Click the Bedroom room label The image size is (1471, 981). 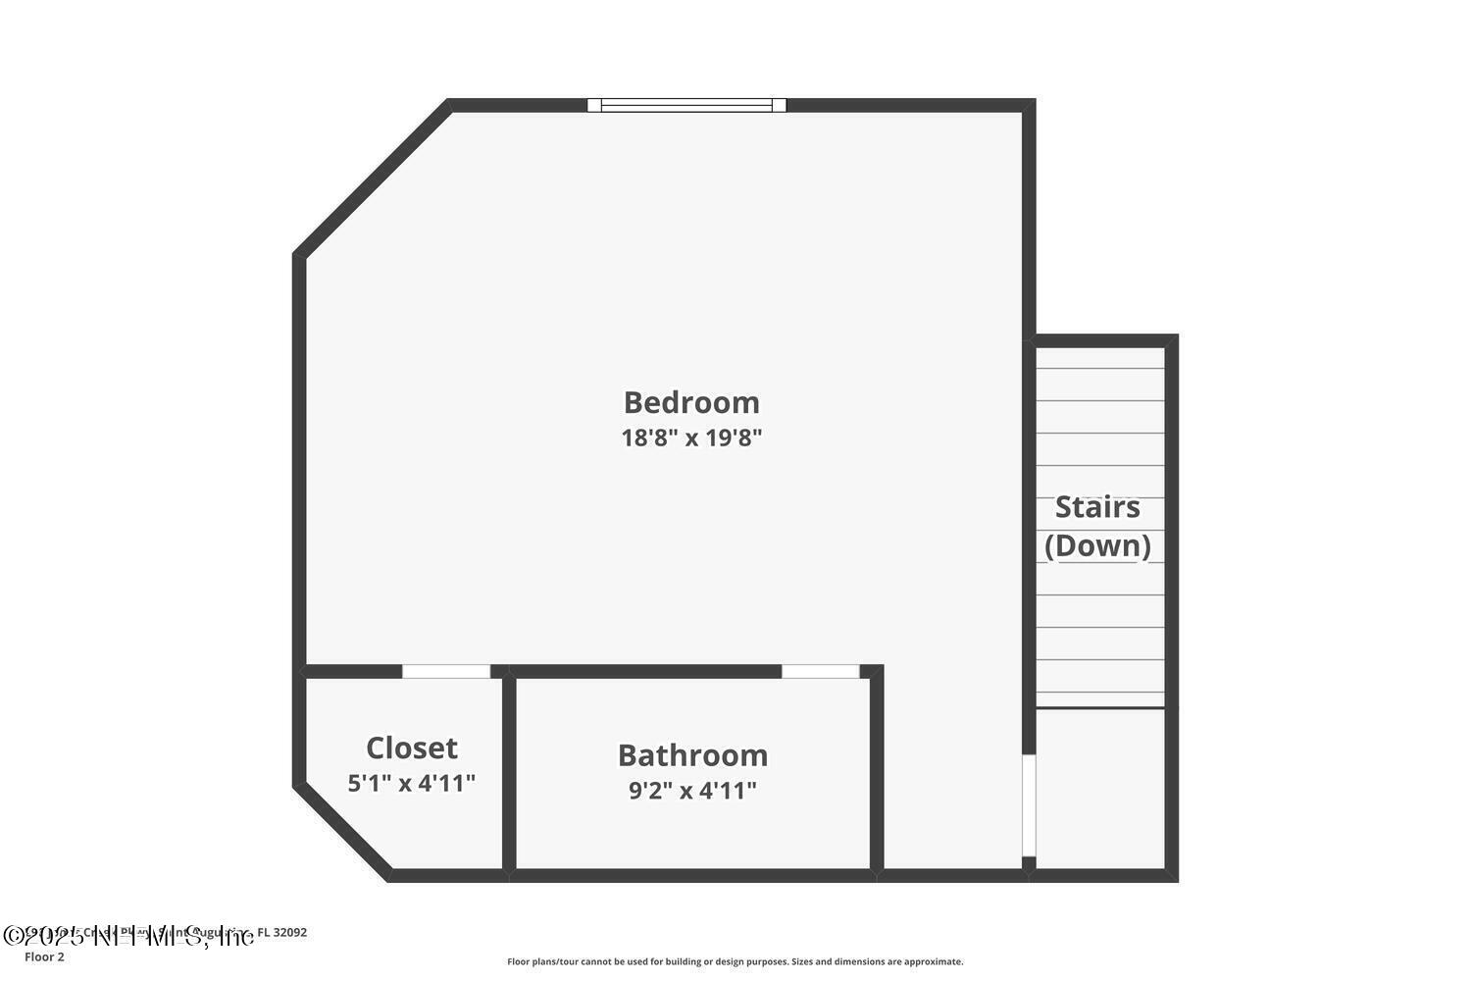tap(691, 402)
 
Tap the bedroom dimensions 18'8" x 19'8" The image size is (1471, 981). tap(691, 438)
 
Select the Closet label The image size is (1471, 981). tap(412, 749)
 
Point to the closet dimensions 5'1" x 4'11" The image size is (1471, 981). tap(412, 784)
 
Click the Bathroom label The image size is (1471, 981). tap(692, 755)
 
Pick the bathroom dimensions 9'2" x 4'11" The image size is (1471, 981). tap(692, 791)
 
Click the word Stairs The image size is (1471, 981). tap(1097, 507)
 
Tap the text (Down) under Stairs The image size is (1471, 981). tap(1097, 545)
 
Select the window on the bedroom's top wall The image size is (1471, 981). tap(686, 105)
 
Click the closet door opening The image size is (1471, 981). tap(446, 672)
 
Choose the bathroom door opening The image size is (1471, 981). tap(821, 672)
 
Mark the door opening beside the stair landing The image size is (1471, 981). tap(1029, 804)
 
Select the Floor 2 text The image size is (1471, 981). tap(44, 957)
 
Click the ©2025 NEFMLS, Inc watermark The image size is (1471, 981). tap(127, 937)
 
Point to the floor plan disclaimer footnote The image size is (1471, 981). tap(735, 962)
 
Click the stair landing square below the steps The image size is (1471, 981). tap(1100, 789)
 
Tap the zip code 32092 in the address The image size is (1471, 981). tap(289, 933)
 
